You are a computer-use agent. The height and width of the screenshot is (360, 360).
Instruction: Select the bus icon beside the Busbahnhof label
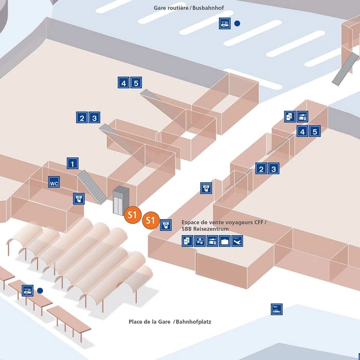[x=224, y=23]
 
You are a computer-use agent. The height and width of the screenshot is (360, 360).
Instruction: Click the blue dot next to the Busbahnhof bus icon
[x=238, y=23]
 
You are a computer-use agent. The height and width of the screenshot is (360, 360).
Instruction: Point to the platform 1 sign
[x=73, y=163]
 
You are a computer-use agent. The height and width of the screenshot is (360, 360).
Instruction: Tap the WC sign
[x=53, y=182]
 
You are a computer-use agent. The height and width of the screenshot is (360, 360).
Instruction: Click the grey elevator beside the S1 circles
[x=121, y=199]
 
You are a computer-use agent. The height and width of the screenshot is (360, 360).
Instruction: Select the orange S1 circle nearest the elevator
[x=133, y=214]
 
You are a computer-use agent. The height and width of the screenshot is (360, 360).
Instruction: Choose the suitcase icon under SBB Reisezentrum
[x=225, y=241]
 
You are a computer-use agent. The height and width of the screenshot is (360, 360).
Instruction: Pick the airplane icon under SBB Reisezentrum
[x=238, y=241]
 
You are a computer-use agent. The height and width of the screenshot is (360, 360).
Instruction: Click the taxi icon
[x=276, y=310]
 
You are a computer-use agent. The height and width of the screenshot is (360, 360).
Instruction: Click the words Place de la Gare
[x=149, y=322]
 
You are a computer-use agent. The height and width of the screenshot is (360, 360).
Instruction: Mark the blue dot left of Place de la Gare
[x=40, y=290]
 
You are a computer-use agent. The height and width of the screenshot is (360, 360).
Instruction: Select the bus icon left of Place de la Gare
[x=28, y=291]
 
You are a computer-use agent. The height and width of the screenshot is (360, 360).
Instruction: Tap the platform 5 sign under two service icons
[x=315, y=131]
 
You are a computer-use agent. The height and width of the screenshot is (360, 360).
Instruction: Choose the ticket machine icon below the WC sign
[x=79, y=197]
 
